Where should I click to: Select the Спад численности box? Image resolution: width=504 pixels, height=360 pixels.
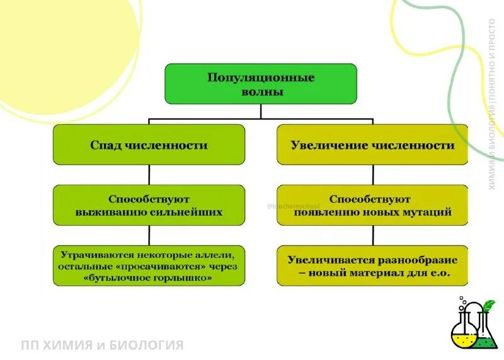[149, 145]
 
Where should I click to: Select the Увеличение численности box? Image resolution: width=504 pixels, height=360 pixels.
[372, 145]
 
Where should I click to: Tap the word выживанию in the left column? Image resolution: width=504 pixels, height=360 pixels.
[107, 212]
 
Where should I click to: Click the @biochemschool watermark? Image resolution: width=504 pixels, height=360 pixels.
[294, 206]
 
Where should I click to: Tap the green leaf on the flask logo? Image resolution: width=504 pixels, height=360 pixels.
[489, 306]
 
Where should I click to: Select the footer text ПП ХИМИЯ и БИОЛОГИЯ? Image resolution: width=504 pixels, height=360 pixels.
[102, 345]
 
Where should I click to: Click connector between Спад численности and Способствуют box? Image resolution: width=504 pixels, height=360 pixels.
[149, 175]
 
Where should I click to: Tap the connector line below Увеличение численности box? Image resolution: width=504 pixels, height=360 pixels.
[372, 175]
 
